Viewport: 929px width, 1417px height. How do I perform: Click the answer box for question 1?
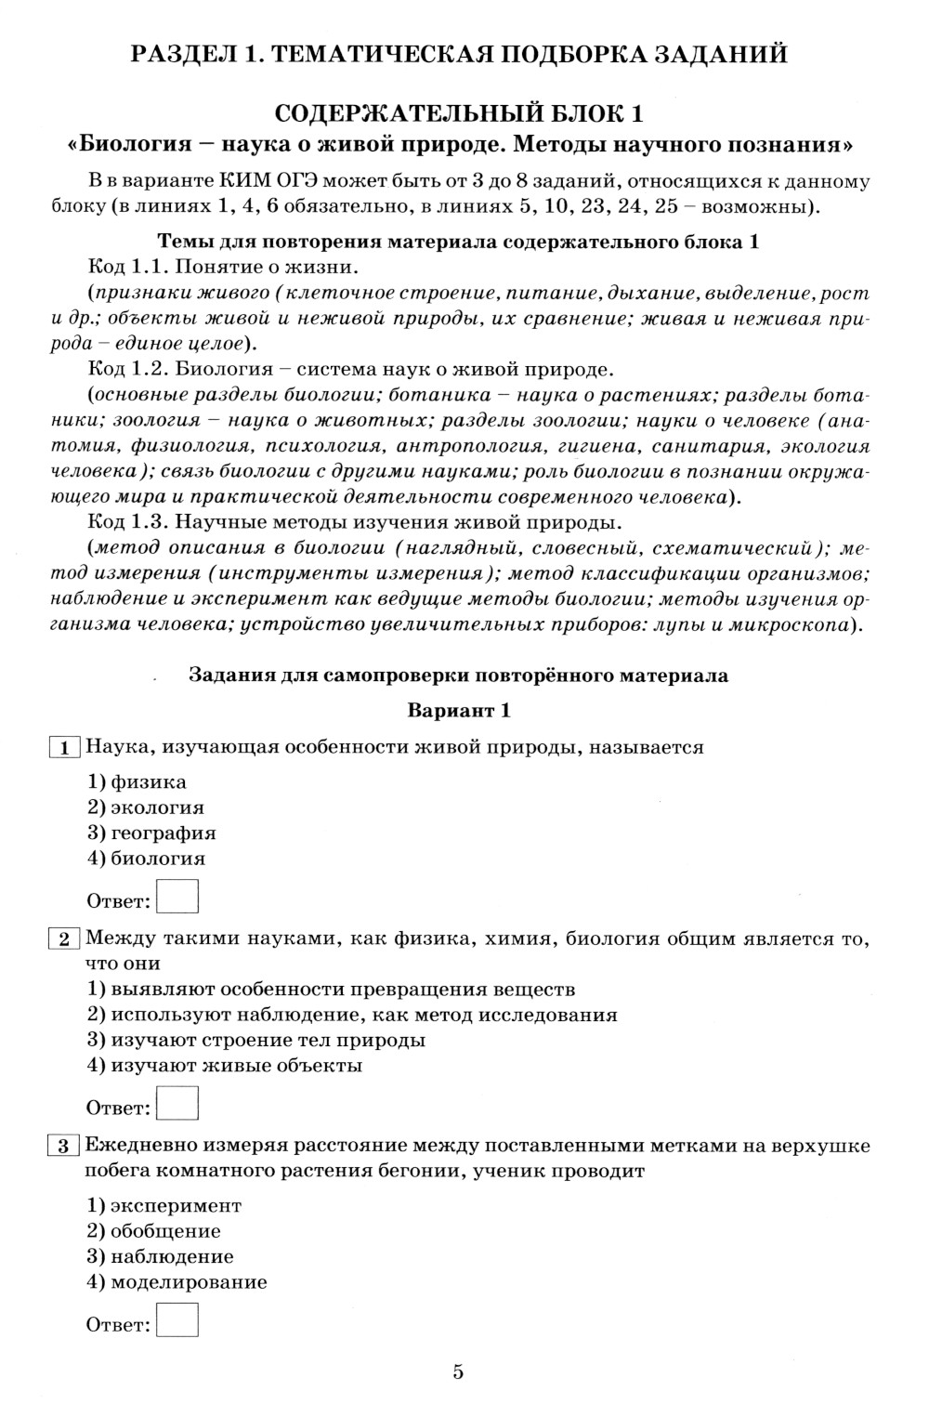pyautogui.click(x=177, y=898)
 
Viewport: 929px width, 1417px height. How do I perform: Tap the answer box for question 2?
pyautogui.click(x=177, y=1104)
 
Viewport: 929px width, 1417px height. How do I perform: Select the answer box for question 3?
pyautogui.click(x=177, y=1321)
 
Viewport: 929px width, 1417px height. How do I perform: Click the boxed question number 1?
pyautogui.click(x=64, y=748)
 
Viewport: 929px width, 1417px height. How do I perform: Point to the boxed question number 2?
pyautogui.click(x=64, y=938)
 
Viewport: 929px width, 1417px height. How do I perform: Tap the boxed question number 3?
pyautogui.click(x=64, y=1146)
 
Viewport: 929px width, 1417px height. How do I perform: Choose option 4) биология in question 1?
pyautogui.click(x=146, y=859)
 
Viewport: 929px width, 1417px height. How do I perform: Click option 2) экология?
pyautogui.click(x=146, y=807)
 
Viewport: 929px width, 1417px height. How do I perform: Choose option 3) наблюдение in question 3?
pyautogui.click(x=160, y=1256)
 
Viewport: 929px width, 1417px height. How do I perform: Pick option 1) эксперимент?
pyautogui.click(x=164, y=1205)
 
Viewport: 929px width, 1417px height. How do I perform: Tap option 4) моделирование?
pyautogui.click(x=177, y=1282)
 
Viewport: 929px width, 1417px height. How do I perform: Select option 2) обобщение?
pyautogui.click(x=154, y=1231)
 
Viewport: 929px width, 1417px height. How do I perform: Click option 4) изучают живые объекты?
pyautogui.click(x=224, y=1066)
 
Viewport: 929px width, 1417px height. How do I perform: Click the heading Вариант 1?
pyautogui.click(x=459, y=711)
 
